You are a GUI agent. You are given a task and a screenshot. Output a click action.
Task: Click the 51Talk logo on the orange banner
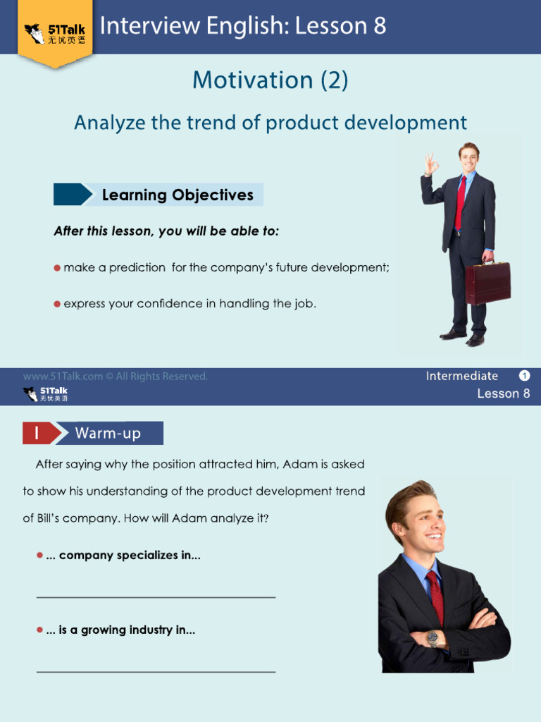55,34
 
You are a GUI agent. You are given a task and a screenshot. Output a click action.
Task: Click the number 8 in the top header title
380,26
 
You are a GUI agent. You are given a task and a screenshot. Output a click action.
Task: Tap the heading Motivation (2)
270,80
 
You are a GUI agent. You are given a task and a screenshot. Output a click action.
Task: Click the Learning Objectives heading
178,195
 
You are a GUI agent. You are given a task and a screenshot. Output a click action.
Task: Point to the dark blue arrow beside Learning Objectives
73,195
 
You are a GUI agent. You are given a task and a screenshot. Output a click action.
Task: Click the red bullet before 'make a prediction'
57,268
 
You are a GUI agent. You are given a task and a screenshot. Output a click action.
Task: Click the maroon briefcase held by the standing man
487,282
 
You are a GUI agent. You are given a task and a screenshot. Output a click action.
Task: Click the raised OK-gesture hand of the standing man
431,164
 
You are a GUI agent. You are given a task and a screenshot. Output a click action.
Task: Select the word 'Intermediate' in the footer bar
462,377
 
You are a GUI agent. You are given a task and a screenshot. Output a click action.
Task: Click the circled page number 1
524,376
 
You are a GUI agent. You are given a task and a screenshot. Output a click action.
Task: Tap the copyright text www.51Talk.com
63,377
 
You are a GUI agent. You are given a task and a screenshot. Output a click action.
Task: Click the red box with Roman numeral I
39,434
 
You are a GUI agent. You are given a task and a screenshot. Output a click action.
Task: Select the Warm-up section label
108,434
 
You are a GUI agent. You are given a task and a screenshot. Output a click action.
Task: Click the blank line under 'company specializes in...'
156,597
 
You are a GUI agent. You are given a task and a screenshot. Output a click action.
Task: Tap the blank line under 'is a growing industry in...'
156,672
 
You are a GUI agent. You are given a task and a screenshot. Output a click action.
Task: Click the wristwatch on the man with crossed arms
433,638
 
